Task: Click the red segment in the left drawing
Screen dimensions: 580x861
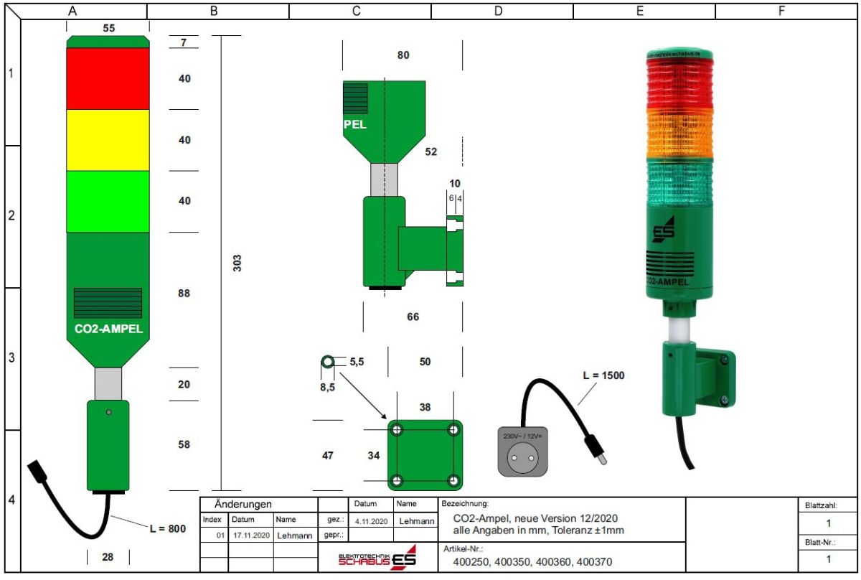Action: coord(108,78)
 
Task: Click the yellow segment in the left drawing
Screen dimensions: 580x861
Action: coord(108,139)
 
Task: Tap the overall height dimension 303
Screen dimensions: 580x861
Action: coord(237,263)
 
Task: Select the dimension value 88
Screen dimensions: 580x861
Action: coord(184,293)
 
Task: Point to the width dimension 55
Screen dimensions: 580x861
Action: coord(108,28)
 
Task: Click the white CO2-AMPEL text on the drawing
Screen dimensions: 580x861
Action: coord(108,329)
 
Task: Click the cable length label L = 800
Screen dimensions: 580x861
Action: coord(167,528)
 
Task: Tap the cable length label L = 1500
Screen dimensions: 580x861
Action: coord(603,375)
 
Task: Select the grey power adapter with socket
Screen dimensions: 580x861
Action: coord(522,450)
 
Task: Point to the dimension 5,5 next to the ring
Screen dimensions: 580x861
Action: coord(357,362)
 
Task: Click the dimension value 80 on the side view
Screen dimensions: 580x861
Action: coord(403,55)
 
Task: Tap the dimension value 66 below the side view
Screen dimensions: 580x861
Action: coord(413,317)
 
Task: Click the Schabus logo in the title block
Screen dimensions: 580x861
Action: coord(377,559)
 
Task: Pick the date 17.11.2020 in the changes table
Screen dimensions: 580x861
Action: coord(251,535)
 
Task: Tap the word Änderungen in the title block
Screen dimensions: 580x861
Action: coord(243,505)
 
